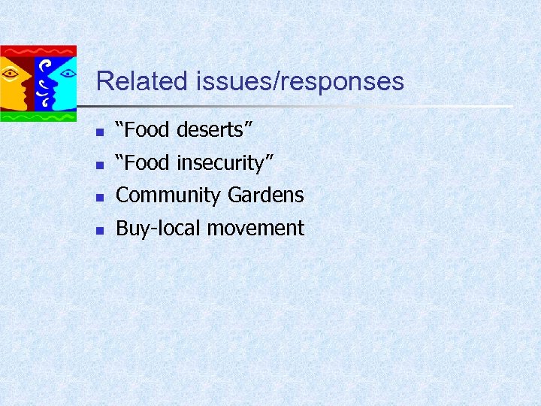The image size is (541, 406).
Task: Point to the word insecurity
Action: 230,162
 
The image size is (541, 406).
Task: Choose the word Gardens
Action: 265,195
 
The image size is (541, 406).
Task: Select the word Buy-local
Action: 159,228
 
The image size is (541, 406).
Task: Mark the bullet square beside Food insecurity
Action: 98,165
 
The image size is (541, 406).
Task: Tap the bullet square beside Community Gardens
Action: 98,198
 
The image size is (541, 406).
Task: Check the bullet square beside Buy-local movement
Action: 98,231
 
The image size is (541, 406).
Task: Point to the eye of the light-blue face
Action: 67,74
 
